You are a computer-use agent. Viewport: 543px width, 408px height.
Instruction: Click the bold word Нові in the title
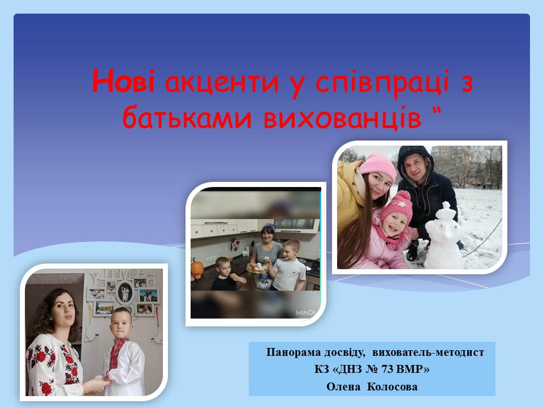pyautogui.click(x=123, y=81)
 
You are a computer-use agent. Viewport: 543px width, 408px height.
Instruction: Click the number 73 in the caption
pyautogui.click(x=387, y=369)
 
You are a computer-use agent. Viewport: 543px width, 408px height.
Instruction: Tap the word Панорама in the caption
pyautogui.click(x=294, y=352)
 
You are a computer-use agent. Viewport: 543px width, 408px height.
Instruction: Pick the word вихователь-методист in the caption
pyautogui.click(x=428, y=352)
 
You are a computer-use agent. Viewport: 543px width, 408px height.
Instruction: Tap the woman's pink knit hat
pyautogui.click(x=378, y=167)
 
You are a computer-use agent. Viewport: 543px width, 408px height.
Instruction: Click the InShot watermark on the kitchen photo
pyautogui.click(x=306, y=313)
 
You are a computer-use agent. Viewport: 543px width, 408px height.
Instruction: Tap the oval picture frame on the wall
pyautogui.click(x=124, y=292)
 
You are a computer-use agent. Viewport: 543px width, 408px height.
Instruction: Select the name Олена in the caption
pyautogui.click(x=343, y=386)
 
